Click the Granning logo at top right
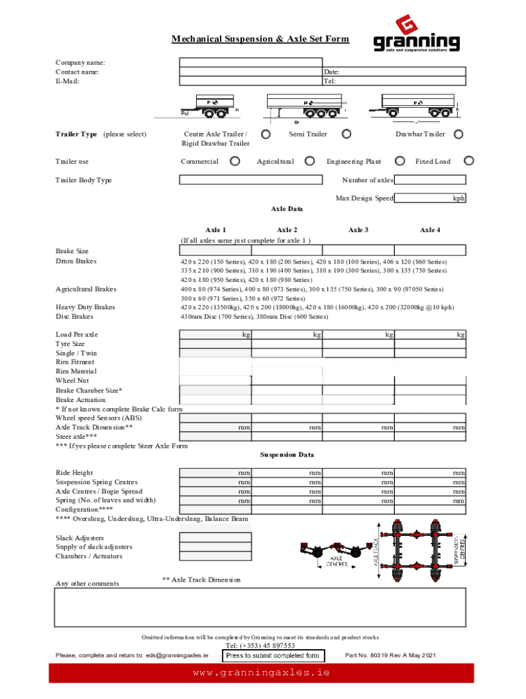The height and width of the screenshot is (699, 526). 416,35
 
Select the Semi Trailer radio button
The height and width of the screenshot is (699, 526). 346,134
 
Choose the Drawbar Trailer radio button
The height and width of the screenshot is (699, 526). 458,134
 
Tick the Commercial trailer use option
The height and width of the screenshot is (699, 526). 235,162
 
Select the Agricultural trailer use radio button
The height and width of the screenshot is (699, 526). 310,162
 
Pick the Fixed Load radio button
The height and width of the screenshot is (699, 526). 469,162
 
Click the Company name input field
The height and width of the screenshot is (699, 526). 250,62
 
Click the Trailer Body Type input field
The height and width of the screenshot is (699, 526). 250,180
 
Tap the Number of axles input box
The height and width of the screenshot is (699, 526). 430,180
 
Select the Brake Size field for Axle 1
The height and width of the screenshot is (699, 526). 214,250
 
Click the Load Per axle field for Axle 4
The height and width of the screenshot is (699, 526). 430,334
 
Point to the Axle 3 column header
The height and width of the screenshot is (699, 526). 358,230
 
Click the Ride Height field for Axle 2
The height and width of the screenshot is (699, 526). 287,472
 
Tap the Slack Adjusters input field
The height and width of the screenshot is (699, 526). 214,537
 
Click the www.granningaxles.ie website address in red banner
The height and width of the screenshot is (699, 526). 262,672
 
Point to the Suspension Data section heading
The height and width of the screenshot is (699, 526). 287,455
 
